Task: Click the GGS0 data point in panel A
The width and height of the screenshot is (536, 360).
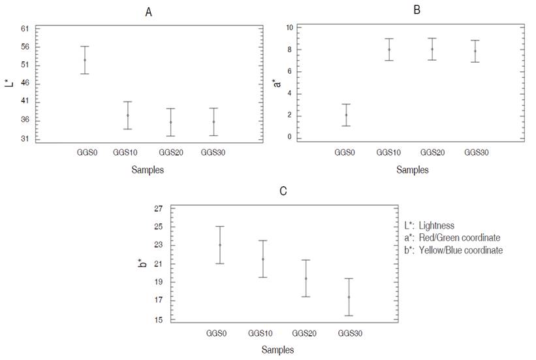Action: pyautogui.click(x=84, y=60)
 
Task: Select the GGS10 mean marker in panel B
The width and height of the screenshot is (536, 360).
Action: pyautogui.click(x=389, y=50)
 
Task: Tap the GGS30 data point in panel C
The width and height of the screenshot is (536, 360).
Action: pyautogui.click(x=349, y=297)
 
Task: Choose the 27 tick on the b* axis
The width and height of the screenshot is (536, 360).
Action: pyautogui.click(x=158, y=208)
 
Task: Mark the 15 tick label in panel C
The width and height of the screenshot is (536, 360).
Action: pyautogui.click(x=158, y=319)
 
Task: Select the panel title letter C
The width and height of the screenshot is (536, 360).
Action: pyautogui.click(x=283, y=191)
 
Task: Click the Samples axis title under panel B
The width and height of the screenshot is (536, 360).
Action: pyautogui.click(x=413, y=170)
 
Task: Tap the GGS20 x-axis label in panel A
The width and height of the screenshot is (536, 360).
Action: pyautogui.click(x=170, y=152)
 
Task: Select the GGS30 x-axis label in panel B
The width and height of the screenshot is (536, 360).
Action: pyautogui.click(x=475, y=152)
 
